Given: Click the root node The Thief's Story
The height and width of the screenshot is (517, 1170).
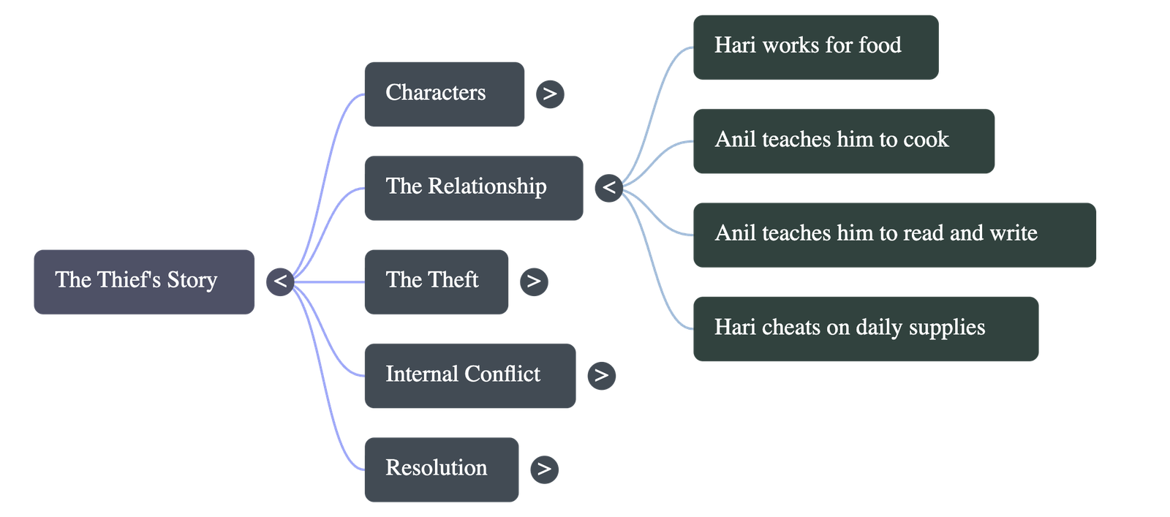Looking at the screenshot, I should click(x=144, y=282).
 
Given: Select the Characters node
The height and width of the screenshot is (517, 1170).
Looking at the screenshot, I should click(x=444, y=94).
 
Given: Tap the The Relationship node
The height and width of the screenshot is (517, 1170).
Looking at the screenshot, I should click(x=473, y=187).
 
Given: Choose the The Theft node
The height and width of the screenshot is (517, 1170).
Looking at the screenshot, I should click(x=436, y=282).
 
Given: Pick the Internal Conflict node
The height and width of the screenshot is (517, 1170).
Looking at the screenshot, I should click(x=469, y=375).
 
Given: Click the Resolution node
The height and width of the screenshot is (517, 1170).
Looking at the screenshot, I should click(x=441, y=469).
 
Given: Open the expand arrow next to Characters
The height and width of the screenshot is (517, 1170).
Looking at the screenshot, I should click(x=550, y=94).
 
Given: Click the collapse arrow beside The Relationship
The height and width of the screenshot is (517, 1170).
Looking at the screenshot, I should click(x=608, y=187).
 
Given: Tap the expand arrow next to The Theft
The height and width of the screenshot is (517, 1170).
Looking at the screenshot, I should click(x=534, y=282).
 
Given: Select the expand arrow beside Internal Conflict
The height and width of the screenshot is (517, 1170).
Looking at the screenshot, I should click(x=601, y=375).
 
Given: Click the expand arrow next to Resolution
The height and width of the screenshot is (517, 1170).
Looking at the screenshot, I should click(x=544, y=469).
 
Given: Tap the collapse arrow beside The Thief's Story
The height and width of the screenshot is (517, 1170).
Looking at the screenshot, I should click(x=279, y=282).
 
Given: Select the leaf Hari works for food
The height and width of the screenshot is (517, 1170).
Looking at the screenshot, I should click(x=815, y=47).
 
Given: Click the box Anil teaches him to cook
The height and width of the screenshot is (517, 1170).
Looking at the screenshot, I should click(x=843, y=140).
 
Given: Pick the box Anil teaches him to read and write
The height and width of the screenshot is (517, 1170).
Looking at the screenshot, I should click(x=894, y=234).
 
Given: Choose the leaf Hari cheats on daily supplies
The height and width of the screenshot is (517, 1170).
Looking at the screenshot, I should click(x=865, y=328).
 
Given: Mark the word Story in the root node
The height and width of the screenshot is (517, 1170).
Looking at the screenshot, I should click(x=192, y=280).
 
